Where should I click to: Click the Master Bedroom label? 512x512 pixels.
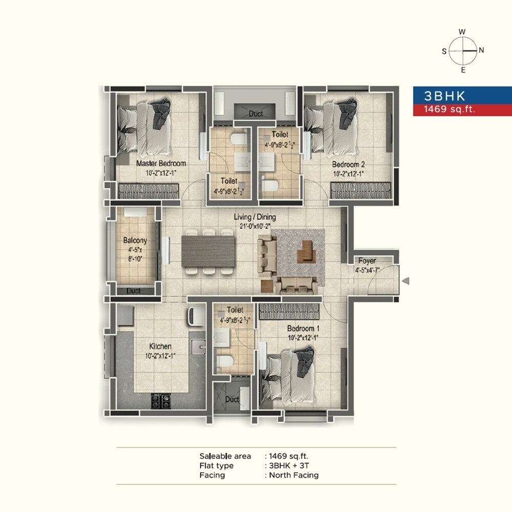pyautogui.click(x=161, y=164)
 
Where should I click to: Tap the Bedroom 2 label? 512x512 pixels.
pyautogui.click(x=348, y=164)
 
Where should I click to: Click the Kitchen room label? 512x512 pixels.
pyautogui.click(x=160, y=346)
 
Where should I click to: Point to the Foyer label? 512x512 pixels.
pyautogui.click(x=367, y=261)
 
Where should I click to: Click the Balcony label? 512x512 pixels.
pyautogui.click(x=135, y=240)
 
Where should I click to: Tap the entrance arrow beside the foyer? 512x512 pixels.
pyautogui.click(x=406, y=281)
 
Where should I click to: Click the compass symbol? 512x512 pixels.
pyautogui.click(x=463, y=51)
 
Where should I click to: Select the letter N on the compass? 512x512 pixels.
pyautogui.click(x=481, y=51)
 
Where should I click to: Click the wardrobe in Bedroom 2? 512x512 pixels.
pyautogui.click(x=359, y=191)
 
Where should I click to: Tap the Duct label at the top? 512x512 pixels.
pyautogui.click(x=255, y=114)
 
